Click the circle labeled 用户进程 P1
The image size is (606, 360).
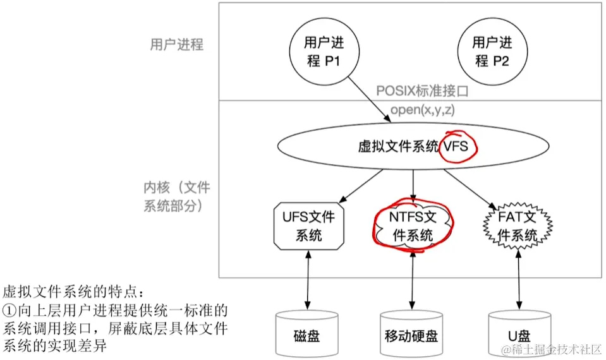(320, 52)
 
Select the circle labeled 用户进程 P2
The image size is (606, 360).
(488, 52)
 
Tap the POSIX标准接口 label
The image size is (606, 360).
(422, 91)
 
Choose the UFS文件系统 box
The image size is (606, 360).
(308, 226)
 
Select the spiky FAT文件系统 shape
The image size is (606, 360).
(518, 226)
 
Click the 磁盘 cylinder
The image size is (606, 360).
(308, 333)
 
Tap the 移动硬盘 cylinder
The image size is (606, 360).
(413, 333)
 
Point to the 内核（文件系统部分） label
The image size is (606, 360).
(176, 196)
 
